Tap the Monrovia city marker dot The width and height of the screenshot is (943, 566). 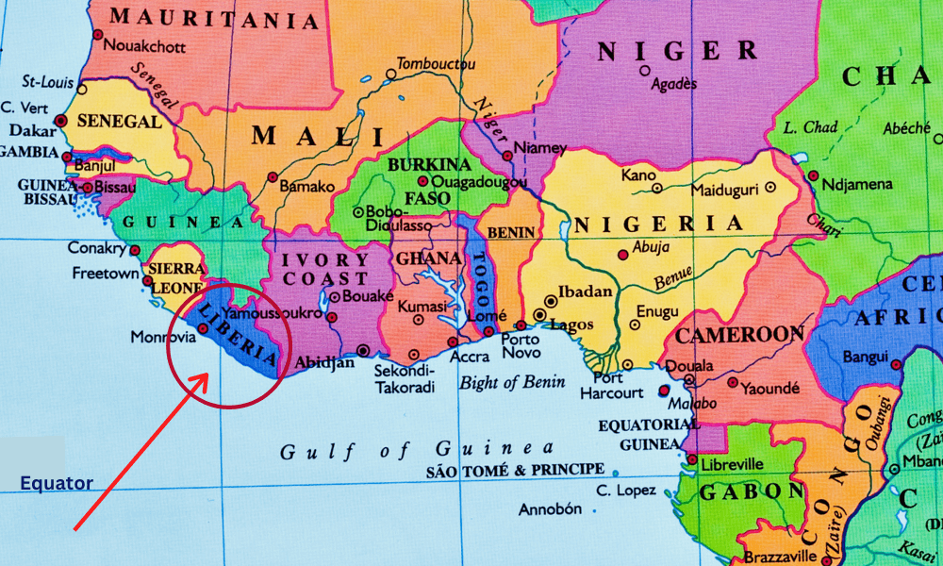pos(203,328)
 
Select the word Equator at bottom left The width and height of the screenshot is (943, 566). pos(57,484)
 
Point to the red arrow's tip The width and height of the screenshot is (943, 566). pos(207,375)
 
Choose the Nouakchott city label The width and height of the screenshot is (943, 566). pos(142,44)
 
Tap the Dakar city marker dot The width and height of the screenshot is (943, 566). pos(61,121)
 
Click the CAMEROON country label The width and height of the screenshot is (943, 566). pos(739,335)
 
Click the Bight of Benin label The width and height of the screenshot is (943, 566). pos(512,382)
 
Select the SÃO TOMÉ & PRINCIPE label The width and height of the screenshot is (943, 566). pos(515,469)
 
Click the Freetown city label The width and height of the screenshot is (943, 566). pos(105,274)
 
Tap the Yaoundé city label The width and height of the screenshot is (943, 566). pos(769,387)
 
